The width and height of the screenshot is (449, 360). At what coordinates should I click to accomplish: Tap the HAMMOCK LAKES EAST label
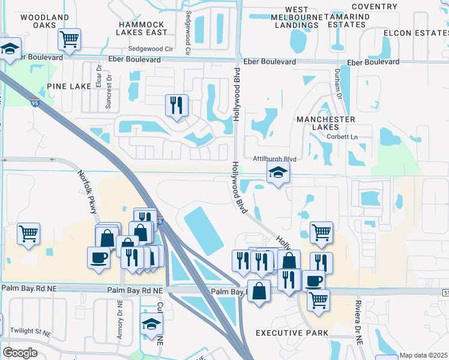(141, 27)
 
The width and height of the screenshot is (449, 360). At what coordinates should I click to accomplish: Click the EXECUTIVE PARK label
(292, 332)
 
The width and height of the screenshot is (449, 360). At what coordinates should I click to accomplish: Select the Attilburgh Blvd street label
(275, 159)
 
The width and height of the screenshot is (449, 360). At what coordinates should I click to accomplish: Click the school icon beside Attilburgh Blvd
(277, 173)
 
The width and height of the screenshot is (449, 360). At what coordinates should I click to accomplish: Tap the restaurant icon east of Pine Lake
(176, 106)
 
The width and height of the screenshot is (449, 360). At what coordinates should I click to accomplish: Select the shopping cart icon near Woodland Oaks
(70, 40)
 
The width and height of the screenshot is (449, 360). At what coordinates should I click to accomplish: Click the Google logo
(20, 352)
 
